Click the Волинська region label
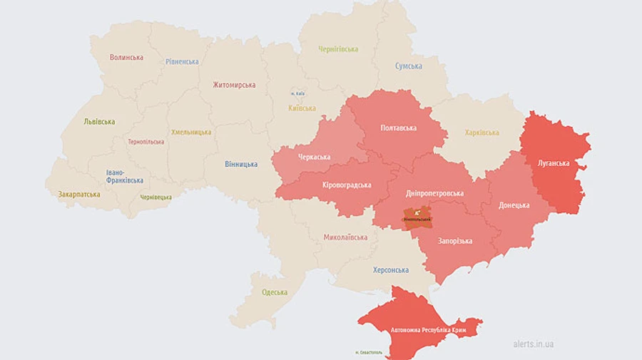[126, 57]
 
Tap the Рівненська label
[182, 61]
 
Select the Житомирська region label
[234, 85]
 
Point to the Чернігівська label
[338, 49]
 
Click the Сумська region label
[409, 66]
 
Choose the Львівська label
[99, 122]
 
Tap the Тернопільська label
[146, 142]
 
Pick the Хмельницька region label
[191, 132]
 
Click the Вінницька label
[241, 164]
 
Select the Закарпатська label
[78, 194]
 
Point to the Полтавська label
[399, 128]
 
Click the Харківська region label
[482, 133]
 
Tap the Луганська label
[554, 163]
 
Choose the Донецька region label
[514, 205]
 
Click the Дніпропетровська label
[435, 193]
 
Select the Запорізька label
[455, 241]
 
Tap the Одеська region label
[275, 292]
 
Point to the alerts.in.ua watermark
[534, 344]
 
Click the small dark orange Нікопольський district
[417, 217]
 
